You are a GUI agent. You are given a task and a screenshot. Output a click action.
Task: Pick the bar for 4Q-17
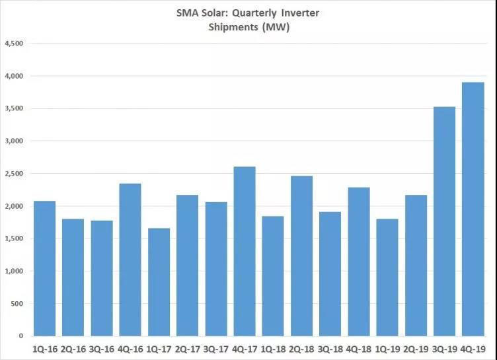(245, 252)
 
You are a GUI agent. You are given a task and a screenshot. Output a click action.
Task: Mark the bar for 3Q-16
(101, 278)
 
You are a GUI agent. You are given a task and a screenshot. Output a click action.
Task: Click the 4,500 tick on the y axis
(14, 44)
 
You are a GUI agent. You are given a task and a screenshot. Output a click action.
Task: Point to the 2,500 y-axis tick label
(14, 174)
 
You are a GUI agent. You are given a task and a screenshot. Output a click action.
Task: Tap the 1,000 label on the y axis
(14, 271)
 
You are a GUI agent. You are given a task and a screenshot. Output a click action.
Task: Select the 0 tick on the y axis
(21, 336)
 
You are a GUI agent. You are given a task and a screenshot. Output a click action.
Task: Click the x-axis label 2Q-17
(187, 347)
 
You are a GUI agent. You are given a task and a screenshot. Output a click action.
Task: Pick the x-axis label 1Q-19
(387, 347)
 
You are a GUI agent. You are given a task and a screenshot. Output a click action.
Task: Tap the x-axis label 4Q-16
(130, 347)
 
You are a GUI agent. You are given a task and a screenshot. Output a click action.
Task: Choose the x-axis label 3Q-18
(329, 347)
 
